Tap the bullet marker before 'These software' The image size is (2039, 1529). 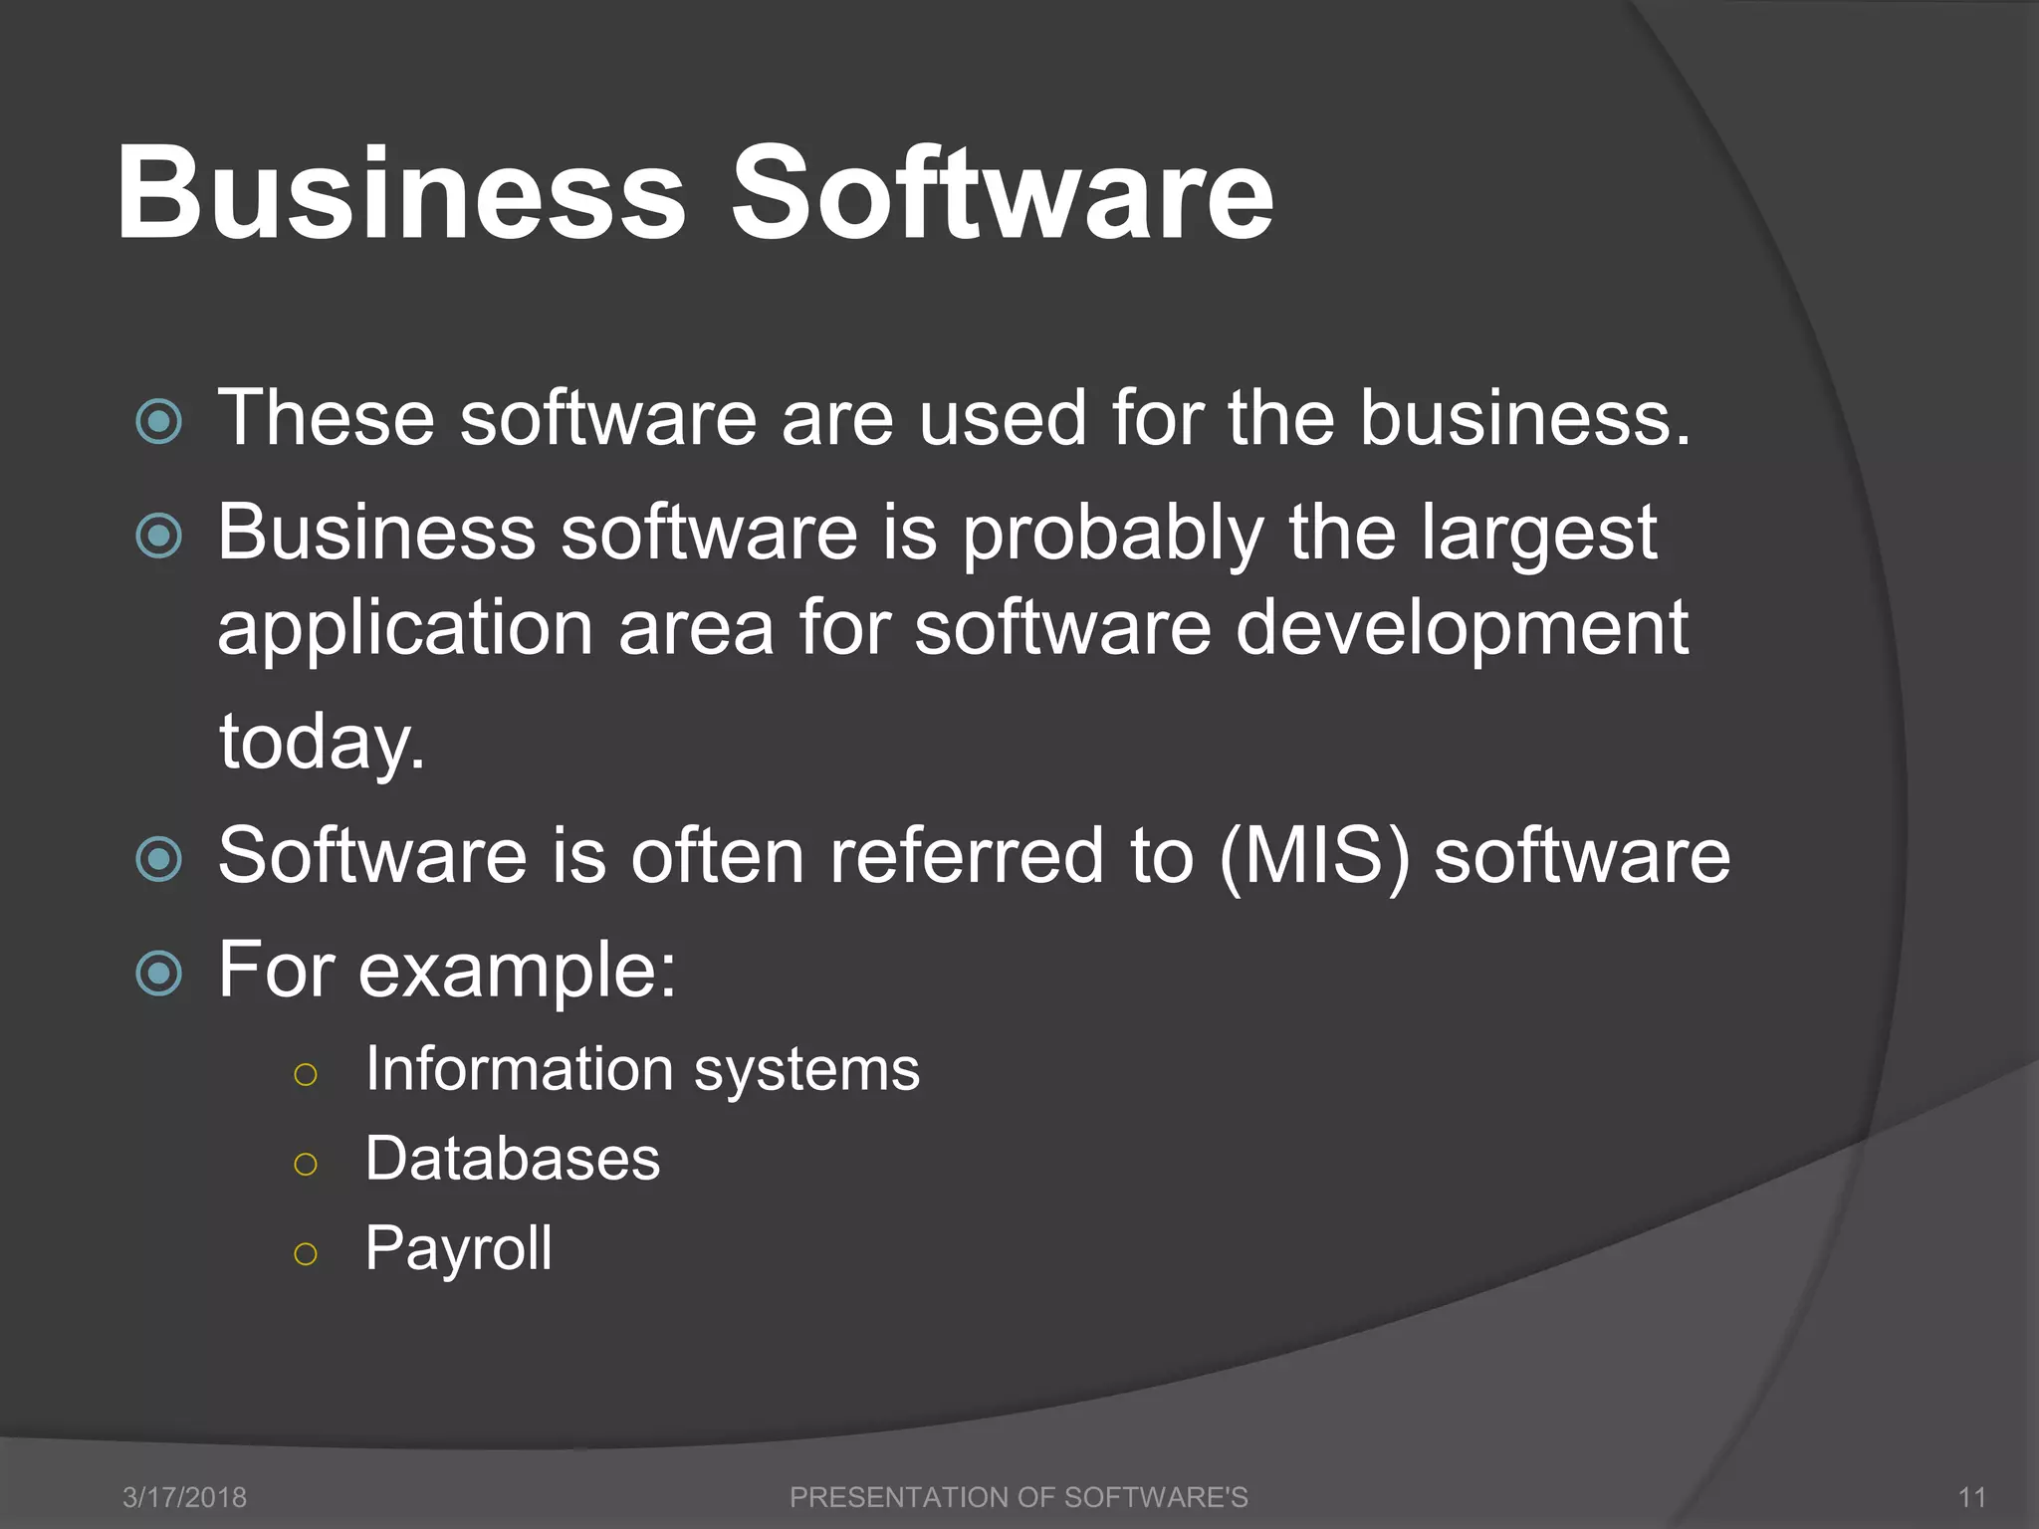click(x=159, y=421)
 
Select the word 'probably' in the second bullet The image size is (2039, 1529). click(x=1112, y=535)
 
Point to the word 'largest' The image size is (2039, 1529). click(x=1538, y=535)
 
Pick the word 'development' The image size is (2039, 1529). click(x=1462, y=630)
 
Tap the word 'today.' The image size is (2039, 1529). click(x=322, y=743)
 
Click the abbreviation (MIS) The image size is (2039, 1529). click(x=1314, y=856)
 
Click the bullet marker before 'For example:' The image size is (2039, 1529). click(x=159, y=973)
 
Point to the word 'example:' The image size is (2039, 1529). click(x=517, y=971)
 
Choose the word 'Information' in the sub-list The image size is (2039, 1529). click(x=519, y=1069)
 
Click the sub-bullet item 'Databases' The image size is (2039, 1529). click(x=512, y=1159)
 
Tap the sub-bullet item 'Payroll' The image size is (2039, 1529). click(x=458, y=1248)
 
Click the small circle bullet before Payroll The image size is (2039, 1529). click(x=306, y=1253)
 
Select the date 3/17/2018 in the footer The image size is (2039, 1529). click(x=184, y=1497)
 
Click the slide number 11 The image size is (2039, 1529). click(x=1971, y=1497)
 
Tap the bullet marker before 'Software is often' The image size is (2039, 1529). click(x=159, y=859)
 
